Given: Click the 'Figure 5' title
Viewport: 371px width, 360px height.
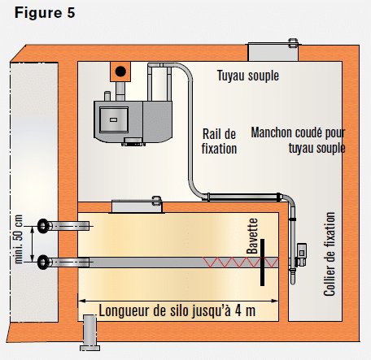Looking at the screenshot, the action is [45, 13].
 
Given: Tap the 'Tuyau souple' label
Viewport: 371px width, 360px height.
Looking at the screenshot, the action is [248, 76].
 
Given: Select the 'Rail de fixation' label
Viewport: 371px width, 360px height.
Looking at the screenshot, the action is [219, 141].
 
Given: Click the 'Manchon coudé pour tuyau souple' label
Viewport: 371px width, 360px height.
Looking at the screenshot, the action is [298, 141].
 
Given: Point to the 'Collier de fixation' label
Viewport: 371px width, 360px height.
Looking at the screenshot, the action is [330, 254].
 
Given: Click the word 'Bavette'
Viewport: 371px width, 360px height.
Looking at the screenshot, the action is [252, 236].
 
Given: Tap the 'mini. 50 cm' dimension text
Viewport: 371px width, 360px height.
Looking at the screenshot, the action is [19, 239].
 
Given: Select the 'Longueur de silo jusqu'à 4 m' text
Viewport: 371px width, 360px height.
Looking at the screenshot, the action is [177, 310].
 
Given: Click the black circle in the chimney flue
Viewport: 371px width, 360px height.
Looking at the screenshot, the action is [120, 72].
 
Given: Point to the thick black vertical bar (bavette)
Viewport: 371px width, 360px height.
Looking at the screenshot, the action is [263, 262].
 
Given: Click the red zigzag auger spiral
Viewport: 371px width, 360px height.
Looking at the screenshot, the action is [241, 262].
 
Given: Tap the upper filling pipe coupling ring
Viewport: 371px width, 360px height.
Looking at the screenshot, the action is [43, 226].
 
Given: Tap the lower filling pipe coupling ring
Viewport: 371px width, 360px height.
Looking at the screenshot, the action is [43, 262].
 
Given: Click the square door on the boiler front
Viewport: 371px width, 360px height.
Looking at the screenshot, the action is [114, 119].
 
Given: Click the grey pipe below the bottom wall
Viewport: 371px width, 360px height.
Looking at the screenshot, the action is [89, 332].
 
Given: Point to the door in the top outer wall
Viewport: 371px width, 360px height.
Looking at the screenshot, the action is [273, 51].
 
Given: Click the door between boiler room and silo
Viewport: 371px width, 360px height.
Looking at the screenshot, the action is [137, 206].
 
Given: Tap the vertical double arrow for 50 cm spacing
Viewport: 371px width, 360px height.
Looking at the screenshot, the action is [33, 245].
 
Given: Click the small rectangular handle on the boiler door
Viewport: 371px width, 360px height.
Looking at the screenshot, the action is [113, 119].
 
